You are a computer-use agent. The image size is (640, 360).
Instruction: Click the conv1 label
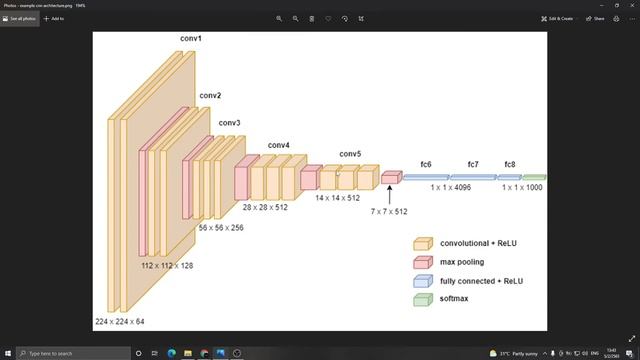point(191,38)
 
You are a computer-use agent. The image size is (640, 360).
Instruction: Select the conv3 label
point(230,123)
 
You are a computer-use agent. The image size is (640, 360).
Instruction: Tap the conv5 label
point(349,154)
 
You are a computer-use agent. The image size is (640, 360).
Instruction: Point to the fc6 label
point(426,163)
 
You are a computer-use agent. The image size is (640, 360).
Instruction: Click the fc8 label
point(510,163)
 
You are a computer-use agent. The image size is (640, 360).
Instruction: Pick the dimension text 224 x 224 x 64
point(119,321)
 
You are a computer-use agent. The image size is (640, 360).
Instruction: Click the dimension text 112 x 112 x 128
point(166,267)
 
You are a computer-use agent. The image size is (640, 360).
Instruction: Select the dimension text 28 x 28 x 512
point(265,207)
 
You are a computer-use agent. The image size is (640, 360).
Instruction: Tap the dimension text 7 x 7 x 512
point(389,212)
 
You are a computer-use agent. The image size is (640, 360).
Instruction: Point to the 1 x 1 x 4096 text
point(451,187)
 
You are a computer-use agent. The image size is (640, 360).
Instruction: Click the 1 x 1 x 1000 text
point(522,187)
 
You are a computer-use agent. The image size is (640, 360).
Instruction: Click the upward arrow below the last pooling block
point(389,194)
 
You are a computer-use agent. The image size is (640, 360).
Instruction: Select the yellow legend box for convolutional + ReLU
point(422,243)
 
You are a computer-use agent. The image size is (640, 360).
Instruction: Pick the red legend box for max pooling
point(422,262)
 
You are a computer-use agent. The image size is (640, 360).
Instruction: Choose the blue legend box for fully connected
point(422,281)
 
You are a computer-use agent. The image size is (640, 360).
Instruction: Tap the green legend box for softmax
point(422,300)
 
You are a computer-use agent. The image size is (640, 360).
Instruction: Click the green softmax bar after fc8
point(534,177)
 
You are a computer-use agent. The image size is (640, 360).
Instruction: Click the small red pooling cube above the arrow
point(390,177)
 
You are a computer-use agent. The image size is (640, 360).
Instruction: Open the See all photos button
point(19,18)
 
